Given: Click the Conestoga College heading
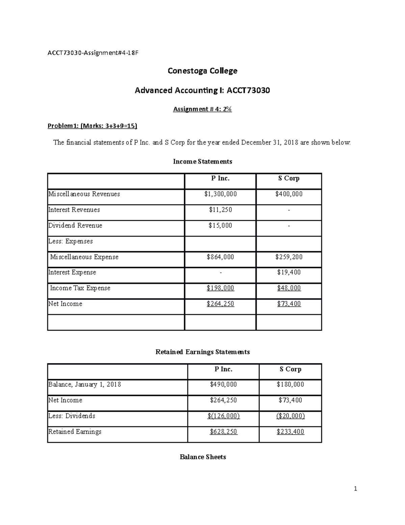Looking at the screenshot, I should (202, 71).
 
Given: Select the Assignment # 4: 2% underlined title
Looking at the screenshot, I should (202, 109).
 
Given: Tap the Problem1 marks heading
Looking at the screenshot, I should (92, 126).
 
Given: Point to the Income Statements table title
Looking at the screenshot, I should (202, 162).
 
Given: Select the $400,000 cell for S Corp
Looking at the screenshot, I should (289, 194).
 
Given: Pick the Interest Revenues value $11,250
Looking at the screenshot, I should (220, 210).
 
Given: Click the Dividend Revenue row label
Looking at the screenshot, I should (75, 225).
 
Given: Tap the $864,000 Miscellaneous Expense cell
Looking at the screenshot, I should (220, 257).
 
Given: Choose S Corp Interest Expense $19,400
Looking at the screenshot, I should (289, 272).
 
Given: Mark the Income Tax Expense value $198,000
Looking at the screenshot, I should (220, 288).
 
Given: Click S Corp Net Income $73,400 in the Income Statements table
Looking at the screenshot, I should (289, 304).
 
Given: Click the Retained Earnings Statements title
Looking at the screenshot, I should (202, 352).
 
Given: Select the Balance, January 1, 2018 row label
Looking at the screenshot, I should (85, 384).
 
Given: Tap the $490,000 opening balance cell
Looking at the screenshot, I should (223, 384).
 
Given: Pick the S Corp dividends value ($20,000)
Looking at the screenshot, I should (291, 416).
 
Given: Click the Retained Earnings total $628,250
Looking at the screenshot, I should (223, 432).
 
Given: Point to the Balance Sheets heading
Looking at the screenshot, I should (203, 457).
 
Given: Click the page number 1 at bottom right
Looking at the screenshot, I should (355, 488).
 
